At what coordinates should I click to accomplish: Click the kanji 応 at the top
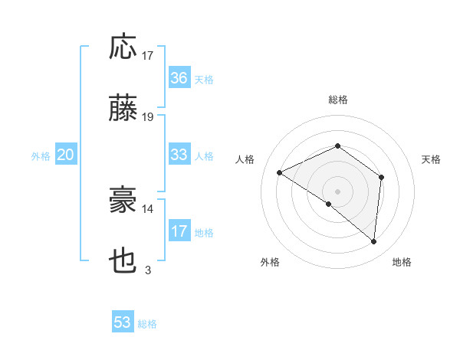tap(123, 47)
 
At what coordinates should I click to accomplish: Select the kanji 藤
tap(123, 110)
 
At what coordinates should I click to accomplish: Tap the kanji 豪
tap(123, 201)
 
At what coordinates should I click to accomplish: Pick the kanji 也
tap(123, 262)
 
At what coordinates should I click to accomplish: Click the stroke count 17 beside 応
tap(148, 55)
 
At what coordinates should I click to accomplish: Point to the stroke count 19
tap(148, 117)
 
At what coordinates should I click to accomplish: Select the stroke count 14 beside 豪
tap(148, 208)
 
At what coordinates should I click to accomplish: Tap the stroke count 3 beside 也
tap(148, 270)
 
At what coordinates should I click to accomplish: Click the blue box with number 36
tap(179, 78)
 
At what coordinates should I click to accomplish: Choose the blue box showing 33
tap(179, 155)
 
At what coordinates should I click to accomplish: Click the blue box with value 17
tap(179, 231)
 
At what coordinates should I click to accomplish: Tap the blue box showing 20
tap(66, 155)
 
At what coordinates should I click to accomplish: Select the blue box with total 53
tap(123, 322)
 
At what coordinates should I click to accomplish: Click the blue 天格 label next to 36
tap(204, 80)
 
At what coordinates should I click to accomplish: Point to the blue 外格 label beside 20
tap(41, 156)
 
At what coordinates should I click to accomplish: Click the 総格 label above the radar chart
tap(338, 100)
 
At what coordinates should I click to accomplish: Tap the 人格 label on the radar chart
tap(245, 159)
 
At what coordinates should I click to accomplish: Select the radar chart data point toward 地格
tap(374, 242)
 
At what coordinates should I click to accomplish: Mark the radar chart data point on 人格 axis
tap(280, 173)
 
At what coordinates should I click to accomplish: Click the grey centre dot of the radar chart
tap(337, 190)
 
